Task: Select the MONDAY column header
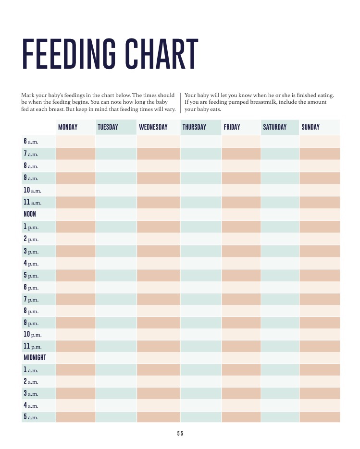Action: [x=68, y=127]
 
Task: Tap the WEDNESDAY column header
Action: [x=153, y=127]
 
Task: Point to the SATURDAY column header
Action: [x=274, y=127]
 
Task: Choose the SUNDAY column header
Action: [x=310, y=127]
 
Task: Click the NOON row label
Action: [x=30, y=214]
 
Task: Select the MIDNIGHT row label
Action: [x=35, y=358]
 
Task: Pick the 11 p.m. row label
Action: [x=33, y=346]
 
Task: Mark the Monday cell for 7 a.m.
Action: [x=75, y=154]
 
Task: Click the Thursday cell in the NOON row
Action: [x=200, y=214]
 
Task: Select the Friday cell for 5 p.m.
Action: [x=241, y=275]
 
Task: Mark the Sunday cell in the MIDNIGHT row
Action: [x=319, y=358]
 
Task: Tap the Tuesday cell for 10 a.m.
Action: [x=116, y=190]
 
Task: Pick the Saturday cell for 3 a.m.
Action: [x=280, y=393]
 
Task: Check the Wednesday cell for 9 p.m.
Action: [x=158, y=323]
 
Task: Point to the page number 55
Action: [x=180, y=433]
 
